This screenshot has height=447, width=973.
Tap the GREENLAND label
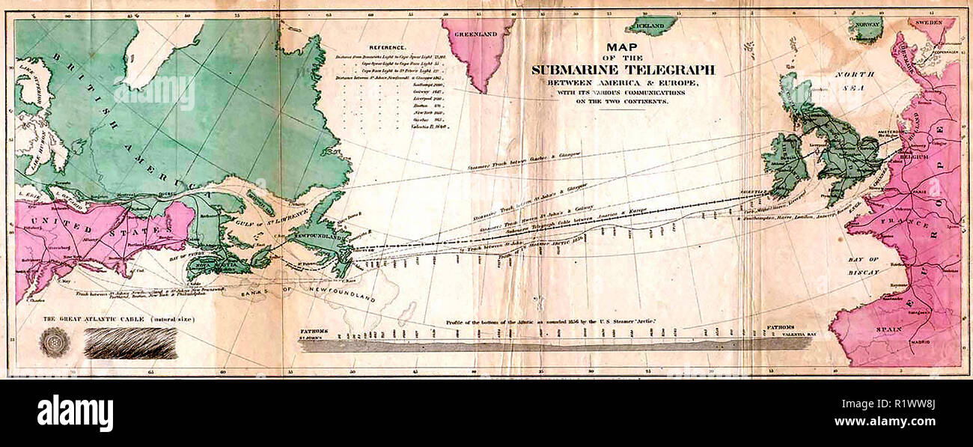(x=477, y=33)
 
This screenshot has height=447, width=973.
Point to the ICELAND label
(x=650, y=26)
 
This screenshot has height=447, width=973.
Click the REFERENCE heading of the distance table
(x=387, y=46)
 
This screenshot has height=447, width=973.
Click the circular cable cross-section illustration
(x=55, y=342)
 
